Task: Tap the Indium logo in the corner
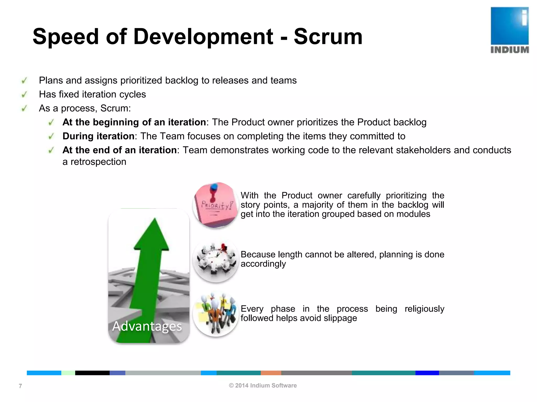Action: [509, 30]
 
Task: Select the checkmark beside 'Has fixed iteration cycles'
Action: [24, 94]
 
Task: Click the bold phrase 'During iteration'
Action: [98, 136]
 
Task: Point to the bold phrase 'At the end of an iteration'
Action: [119, 150]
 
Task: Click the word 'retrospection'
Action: [98, 162]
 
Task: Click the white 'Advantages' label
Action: [147, 326]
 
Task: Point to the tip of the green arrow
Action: [155, 220]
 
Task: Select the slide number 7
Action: [20, 386]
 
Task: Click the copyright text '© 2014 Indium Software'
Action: [263, 386]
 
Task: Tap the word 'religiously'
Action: [424, 309]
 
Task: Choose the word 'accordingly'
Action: [263, 264]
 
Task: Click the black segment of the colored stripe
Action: [92, 373]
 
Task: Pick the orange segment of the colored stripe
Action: [271, 373]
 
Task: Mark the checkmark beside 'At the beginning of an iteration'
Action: [51, 122]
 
